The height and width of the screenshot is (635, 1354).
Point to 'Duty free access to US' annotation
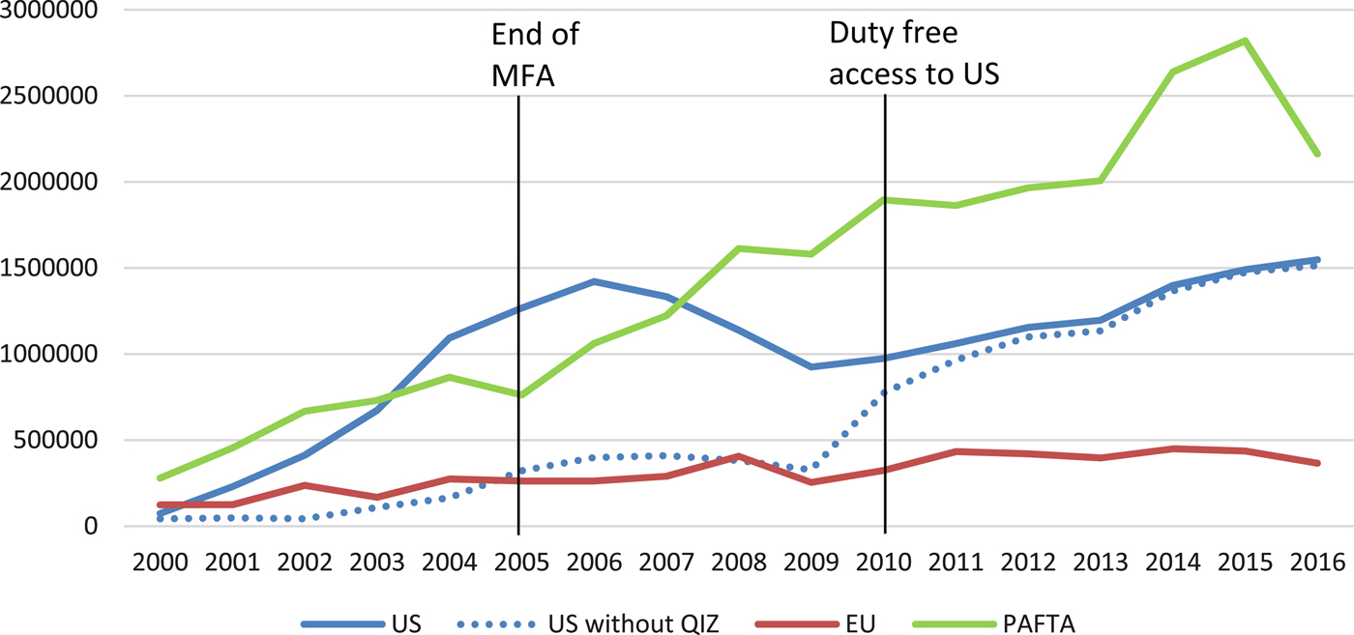[x=913, y=54]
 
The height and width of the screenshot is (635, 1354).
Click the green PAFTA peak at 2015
[x=1246, y=41]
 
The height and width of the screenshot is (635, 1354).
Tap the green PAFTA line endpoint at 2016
[x=1318, y=154]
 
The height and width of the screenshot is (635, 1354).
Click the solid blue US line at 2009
[x=810, y=367]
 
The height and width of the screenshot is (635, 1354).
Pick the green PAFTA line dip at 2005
[x=519, y=395]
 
